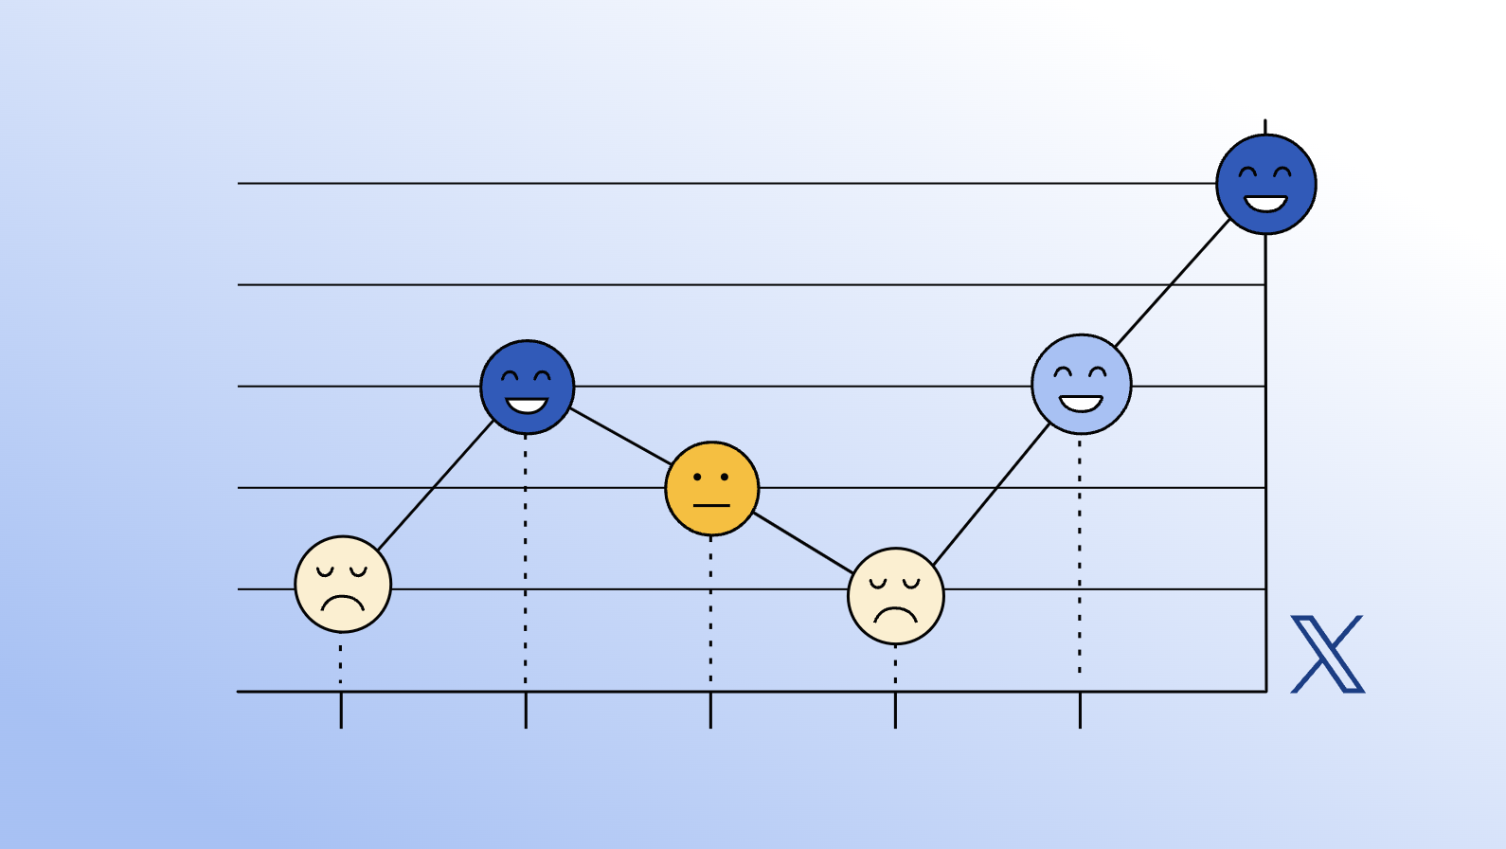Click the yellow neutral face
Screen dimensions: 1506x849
coord(712,488)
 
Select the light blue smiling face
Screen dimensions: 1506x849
coord(1081,384)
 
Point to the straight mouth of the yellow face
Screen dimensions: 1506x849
coord(711,506)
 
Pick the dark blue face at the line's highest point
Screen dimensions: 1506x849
coord(1265,184)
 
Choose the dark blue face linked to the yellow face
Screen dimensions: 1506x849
coord(527,387)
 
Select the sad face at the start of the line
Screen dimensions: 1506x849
coord(343,584)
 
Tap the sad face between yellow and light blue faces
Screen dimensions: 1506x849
coord(895,596)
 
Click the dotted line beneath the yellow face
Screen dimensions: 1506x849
coord(710,611)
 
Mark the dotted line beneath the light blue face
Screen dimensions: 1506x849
coord(1080,554)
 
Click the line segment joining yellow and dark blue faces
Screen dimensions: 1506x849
coord(620,437)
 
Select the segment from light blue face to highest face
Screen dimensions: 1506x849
coord(1173,282)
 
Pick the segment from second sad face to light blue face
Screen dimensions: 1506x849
coord(992,494)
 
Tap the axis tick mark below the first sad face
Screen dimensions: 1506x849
coord(341,711)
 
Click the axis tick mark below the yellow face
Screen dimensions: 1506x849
coord(710,711)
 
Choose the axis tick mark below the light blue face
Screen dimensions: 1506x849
coord(1080,711)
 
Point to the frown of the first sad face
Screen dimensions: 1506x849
coord(342,603)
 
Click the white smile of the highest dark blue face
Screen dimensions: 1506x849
coord(1265,204)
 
